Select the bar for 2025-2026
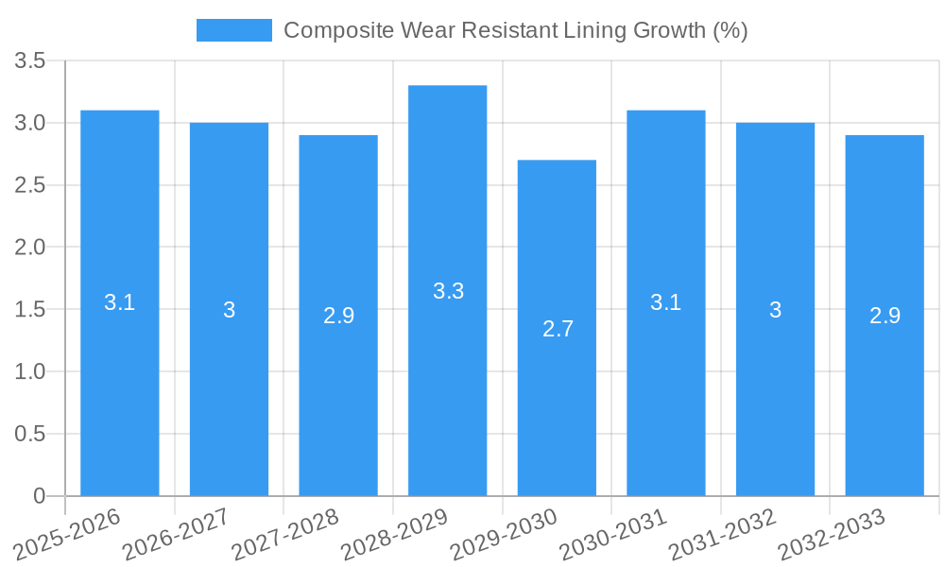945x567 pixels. click(x=120, y=302)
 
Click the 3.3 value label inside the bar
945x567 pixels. click(x=448, y=291)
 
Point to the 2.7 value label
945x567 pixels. click(x=558, y=329)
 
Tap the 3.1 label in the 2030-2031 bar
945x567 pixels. click(x=666, y=302)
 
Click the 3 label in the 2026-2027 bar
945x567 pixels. click(x=230, y=310)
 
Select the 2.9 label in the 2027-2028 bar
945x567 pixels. click(x=338, y=316)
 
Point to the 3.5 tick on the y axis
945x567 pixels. click(x=30, y=61)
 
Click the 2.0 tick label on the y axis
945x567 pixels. click(x=30, y=248)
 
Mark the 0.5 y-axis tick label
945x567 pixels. click(x=30, y=434)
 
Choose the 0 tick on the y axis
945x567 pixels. click(x=39, y=496)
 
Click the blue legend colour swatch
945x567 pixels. click(x=233, y=30)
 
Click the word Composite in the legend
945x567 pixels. click(x=327, y=30)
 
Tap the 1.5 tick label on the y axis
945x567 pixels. click(x=30, y=310)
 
